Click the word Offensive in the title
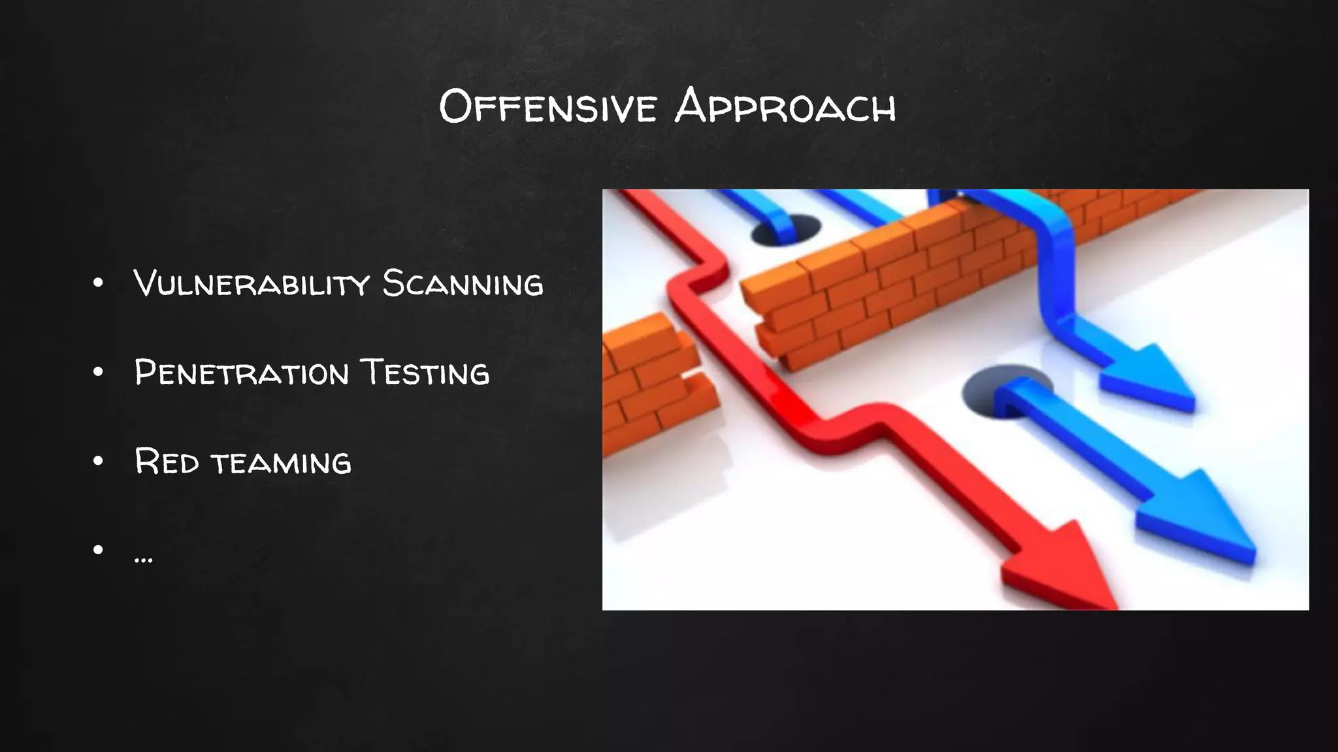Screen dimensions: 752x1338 pos(547,106)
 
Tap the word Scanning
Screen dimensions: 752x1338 pos(463,283)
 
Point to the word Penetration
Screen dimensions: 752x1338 pos(242,373)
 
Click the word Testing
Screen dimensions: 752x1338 pos(425,373)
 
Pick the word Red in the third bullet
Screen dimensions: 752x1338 pos(167,462)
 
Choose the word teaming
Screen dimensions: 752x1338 pos(281,463)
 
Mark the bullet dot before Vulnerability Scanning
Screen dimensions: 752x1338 pos(98,283)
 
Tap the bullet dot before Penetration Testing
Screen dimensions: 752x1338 pos(98,372)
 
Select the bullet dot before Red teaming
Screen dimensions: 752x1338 pos(98,461)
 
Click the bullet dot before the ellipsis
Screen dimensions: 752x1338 pos(98,550)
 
